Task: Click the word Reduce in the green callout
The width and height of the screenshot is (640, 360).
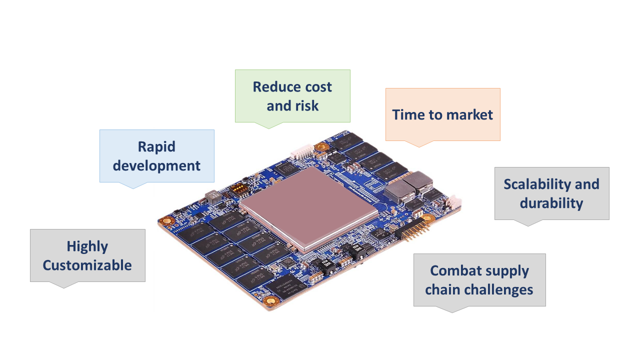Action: point(274,87)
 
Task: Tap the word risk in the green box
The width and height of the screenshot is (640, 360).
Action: point(306,105)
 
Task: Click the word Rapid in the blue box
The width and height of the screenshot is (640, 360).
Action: point(156,147)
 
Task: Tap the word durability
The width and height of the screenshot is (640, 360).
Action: point(551,203)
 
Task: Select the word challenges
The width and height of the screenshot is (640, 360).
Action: point(498,289)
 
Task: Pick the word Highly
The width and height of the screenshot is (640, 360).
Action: point(87,246)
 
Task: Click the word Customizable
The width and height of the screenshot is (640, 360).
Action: point(87,265)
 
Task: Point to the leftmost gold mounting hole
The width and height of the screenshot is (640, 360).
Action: point(166,220)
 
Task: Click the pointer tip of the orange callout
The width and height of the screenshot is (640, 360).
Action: point(419,147)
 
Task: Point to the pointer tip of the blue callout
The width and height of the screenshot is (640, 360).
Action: point(133,188)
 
